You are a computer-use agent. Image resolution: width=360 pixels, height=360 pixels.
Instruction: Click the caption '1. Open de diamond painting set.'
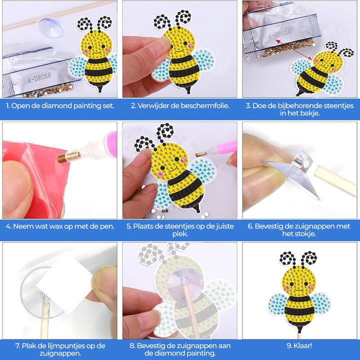59,105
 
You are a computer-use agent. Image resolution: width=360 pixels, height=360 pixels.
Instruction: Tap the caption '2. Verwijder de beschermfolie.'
180,105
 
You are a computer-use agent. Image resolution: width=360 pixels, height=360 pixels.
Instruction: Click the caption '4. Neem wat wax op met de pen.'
59,226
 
